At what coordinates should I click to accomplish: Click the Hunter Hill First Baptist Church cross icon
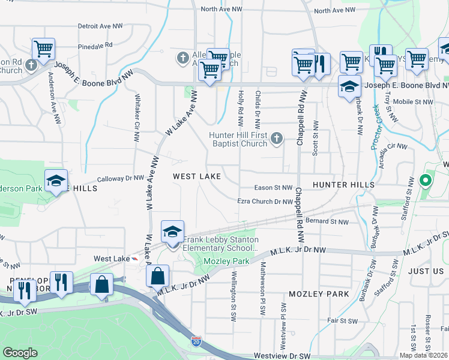[x=276, y=139]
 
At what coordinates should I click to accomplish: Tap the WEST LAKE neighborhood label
[x=197, y=176]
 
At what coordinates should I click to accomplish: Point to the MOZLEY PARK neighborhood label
[x=319, y=294]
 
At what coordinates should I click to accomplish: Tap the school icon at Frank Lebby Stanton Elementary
[x=172, y=232]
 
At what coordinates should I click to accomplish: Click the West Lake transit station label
[x=112, y=259]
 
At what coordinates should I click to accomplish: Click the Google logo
[x=20, y=353]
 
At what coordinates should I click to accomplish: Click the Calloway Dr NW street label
[x=121, y=178]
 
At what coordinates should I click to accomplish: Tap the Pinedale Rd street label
[x=95, y=45]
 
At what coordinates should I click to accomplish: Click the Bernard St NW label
[x=327, y=221]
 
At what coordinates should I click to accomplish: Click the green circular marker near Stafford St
[x=426, y=179]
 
